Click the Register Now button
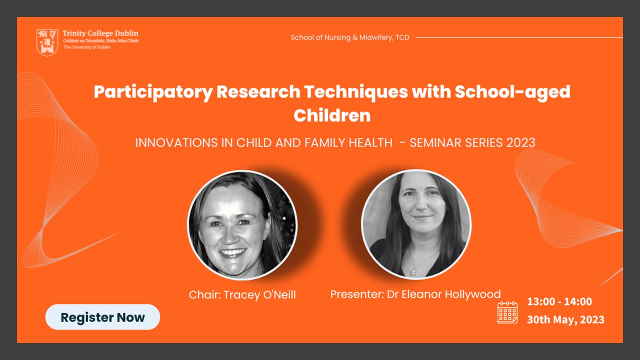coord(102,317)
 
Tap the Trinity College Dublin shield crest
coord(47,42)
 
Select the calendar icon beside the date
coord(507,312)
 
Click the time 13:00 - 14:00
coord(559,301)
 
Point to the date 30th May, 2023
coord(565,319)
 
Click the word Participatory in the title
coord(153,92)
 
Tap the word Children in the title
coord(332,115)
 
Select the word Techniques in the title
coord(356,92)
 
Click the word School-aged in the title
coord(512,92)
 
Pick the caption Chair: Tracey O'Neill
coord(242,295)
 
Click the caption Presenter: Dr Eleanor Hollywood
coord(415,294)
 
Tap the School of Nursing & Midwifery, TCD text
coord(350,37)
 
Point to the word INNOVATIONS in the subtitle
coord(176,143)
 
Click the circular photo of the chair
coord(242,225)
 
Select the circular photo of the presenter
coord(416,224)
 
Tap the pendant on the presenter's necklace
coord(413,271)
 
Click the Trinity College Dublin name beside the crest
coord(100,33)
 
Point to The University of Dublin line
coord(87,47)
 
